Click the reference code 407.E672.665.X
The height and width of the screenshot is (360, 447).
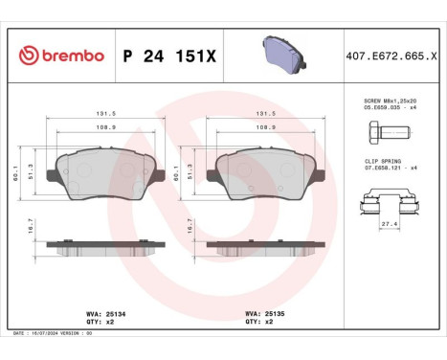[392, 56]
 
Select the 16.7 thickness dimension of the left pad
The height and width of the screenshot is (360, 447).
[31, 226]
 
